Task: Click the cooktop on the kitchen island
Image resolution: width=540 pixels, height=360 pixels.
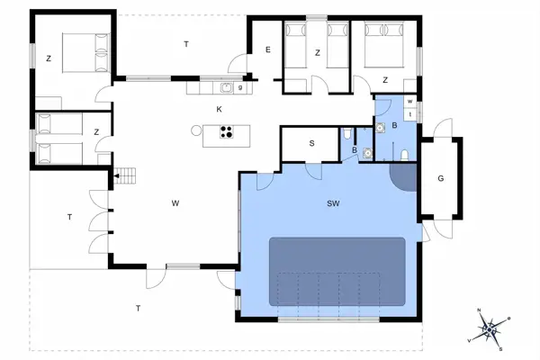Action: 227,134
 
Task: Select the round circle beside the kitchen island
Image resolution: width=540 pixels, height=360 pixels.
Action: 196,130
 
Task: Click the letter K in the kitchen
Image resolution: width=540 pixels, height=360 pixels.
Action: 219,109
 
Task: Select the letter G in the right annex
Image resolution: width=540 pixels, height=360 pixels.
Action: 440,178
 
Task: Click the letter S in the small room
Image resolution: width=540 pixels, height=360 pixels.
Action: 311,143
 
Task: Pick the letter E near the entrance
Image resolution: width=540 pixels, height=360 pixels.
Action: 267,50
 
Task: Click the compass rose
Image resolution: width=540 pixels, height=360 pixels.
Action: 490,330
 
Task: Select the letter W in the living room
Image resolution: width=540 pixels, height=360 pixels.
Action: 175,203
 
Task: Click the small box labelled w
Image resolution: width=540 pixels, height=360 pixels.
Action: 409,101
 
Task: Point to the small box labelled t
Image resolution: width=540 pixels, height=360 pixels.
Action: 409,114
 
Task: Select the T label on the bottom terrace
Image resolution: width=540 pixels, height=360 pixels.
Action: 138,309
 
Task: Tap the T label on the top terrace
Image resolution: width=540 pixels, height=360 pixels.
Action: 186,43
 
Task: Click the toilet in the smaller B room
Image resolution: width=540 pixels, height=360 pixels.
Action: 347,136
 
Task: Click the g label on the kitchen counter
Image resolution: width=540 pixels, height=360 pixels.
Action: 240,87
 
